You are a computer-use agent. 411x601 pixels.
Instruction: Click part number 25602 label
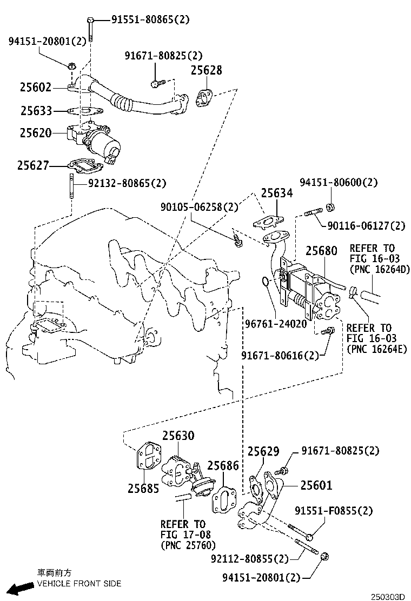(x=36, y=87)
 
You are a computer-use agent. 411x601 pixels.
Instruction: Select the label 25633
(x=36, y=111)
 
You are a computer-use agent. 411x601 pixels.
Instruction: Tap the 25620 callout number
(x=36, y=132)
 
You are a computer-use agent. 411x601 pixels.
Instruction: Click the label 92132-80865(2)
(x=128, y=184)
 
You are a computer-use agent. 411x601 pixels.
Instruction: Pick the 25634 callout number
(x=277, y=193)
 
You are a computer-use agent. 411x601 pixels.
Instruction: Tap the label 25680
(x=321, y=251)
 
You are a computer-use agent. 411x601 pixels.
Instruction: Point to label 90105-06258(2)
(x=199, y=207)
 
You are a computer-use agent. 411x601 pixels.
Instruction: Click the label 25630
(x=178, y=436)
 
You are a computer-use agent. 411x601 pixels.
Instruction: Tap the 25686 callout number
(x=223, y=465)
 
